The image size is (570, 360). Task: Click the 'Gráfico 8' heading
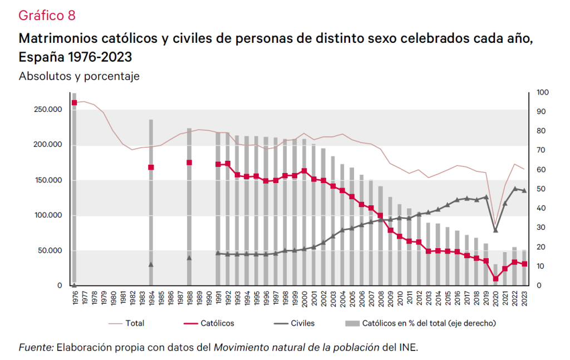47,15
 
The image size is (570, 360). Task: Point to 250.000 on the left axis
48,110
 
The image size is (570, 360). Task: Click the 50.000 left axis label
50,250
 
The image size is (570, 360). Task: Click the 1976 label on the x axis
74,298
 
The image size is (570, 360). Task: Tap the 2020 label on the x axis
495,298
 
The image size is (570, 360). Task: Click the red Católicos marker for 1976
74,102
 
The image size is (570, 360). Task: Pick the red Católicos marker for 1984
151,167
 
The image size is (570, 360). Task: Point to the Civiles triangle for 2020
495,230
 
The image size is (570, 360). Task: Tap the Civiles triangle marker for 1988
189,258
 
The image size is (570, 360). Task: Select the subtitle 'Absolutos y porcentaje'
79,76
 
